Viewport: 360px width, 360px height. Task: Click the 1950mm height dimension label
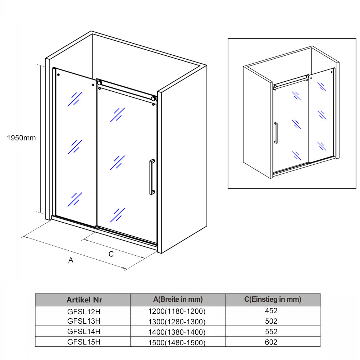pyautogui.click(x=21, y=138)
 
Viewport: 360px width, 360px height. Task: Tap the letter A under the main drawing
pyautogui.click(x=71, y=260)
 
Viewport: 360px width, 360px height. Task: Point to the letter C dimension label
pyautogui.click(x=111, y=254)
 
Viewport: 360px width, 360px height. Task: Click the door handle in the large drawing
pyautogui.click(x=152, y=177)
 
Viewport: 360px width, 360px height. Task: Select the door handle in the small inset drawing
pyautogui.click(x=276, y=133)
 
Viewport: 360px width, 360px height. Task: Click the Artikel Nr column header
pyautogui.click(x=84, y=300)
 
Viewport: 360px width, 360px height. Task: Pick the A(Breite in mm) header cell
pyautogui.click(x=178, y=299)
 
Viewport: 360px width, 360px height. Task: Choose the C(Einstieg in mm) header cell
pyautogui.click(x=273, y=299)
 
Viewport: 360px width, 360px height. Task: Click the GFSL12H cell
pyautogui.click(x=84, y=311)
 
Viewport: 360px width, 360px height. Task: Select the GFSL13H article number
pyautogui.click(x=84, y=321)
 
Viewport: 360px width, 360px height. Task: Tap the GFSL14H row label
pyautogui.click(x=84, y=331)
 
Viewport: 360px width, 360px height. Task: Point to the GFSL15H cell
pyautogui.click(x=84, y=342)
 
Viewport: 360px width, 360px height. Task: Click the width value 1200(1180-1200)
pyautogui.click(x=177, y=311)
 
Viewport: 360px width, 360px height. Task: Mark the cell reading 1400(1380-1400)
pyautogui.click(x=177, y=332)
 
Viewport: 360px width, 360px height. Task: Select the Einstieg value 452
pyautogui.click(x=271, y=311)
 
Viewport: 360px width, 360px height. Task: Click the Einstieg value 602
pyautogui.click(x=271, y=342)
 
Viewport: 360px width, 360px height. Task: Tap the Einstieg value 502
pyautogui.click(x=271, y=321)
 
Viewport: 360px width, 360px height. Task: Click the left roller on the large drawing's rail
pyautogui.click(x=99, y=83)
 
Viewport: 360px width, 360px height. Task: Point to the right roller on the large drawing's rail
pyautogui.click(x=153, y=99)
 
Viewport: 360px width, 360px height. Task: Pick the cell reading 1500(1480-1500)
pyautogui.click(x=177, y=342)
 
